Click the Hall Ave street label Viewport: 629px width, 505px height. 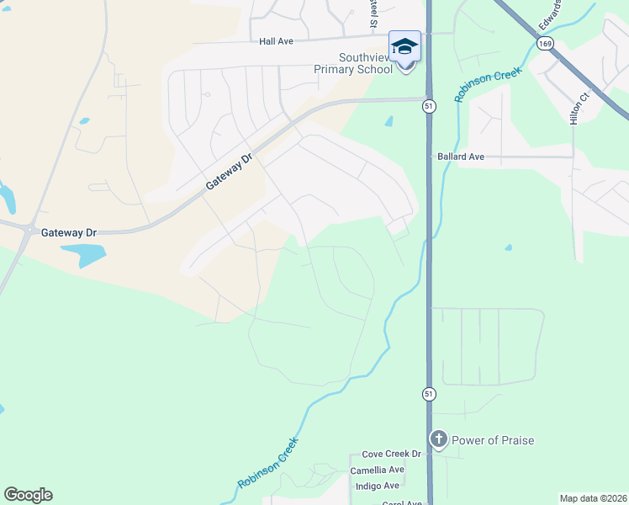[276, 40]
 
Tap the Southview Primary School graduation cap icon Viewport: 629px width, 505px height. [404, 45]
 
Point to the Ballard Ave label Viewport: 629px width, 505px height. [461, 157]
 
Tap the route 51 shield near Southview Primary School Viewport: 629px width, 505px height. [429, 106]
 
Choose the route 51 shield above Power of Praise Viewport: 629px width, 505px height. [429, 394]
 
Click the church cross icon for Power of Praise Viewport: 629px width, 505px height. [438, 439]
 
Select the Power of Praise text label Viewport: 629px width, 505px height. [493, 440]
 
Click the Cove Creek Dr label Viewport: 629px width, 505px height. [390, 454]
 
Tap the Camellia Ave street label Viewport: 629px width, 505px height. [378, 470]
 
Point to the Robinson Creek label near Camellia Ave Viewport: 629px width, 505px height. [268, 463]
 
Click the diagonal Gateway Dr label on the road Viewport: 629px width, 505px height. [230, 173]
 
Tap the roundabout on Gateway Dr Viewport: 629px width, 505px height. [29, 229]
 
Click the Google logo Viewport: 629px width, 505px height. [28, 495]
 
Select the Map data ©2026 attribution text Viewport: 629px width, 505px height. [593, 498]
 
